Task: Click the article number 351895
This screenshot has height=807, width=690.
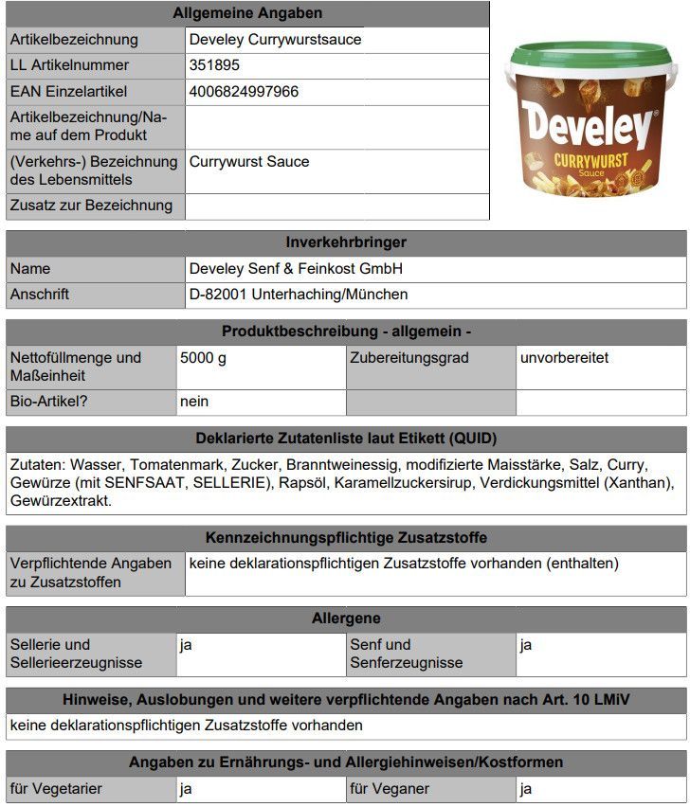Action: pos(214,65)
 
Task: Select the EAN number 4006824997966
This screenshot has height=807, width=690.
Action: pos(244,92)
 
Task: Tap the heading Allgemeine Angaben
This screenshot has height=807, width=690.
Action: pos(247,13)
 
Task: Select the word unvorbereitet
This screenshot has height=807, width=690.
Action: pos(564,358)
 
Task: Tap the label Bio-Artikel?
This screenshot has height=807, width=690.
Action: pos(49,402)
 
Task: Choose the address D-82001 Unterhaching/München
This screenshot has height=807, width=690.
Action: pos(299,295)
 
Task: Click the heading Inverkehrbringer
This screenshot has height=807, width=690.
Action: pos(346,242)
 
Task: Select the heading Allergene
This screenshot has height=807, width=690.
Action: pos(346,619)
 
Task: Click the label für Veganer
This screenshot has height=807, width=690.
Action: pos(390,788)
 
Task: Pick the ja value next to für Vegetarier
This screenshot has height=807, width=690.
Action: pos(186,788)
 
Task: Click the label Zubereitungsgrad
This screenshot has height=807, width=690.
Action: pos(409,358)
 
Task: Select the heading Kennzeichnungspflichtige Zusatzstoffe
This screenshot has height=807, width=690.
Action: pos(346,538)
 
